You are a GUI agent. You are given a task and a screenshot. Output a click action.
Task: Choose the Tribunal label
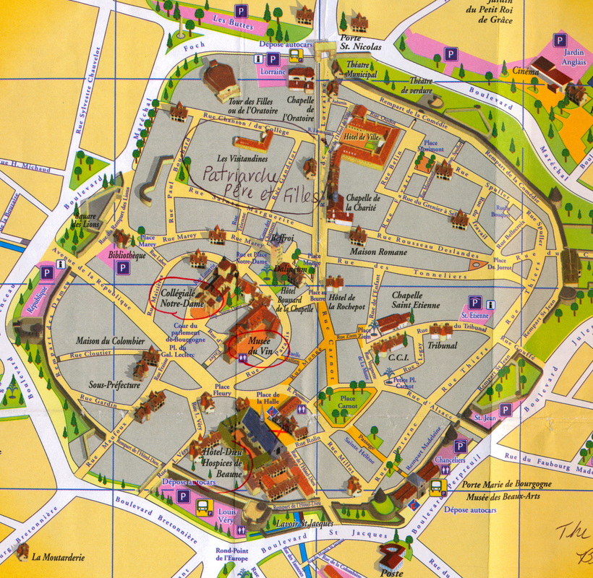pyautogui.click(x=443, y=346)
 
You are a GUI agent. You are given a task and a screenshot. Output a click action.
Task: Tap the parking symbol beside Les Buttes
pyautogui.click(x=240, y=11)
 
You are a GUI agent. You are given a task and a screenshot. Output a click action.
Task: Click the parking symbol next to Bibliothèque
pyautogui.click(x=124, y=267)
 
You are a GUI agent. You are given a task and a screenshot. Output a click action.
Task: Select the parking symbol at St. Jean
pyautogui.click(x=505, y=410)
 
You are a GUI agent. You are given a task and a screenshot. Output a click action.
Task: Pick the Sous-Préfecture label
pyautogui.click(x=114, y=385)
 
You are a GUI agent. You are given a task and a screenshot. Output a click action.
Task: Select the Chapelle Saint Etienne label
pyautogui.click(x=416, y=300)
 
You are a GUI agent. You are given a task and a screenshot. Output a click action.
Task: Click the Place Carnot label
pyautogui.click(x=348, y=402)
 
